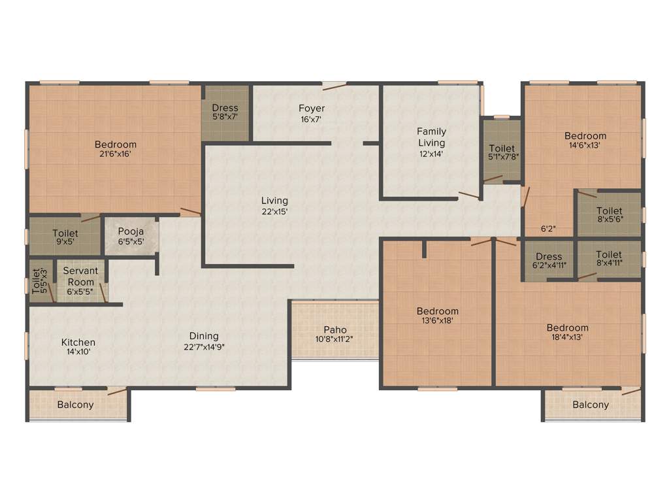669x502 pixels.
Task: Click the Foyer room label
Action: tap(312, 109)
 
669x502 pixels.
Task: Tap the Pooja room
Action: tap(131, 235)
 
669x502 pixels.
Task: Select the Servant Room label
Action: tap(80, 276)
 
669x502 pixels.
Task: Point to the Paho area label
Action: tap(335, 330)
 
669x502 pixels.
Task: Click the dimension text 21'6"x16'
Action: tap(116, 156)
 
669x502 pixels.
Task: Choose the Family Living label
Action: tap(431, 137)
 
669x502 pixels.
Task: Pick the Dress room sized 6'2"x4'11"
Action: tap(549, 261)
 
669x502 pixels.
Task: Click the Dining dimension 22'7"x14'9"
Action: tap(201, 348)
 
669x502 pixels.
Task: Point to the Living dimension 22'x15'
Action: tap(274, 212)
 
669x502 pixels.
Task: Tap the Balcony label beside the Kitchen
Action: tap(75, 405)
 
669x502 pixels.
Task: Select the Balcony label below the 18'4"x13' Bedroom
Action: tap(591, 405)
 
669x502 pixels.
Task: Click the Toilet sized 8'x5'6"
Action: tap(609, 215)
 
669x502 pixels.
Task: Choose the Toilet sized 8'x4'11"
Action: tap(609, 259)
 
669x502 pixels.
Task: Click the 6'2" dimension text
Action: tap(549, 229)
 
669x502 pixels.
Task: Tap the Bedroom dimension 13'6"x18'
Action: tap(438, 322)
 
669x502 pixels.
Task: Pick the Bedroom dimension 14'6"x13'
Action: tap(585, 146)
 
